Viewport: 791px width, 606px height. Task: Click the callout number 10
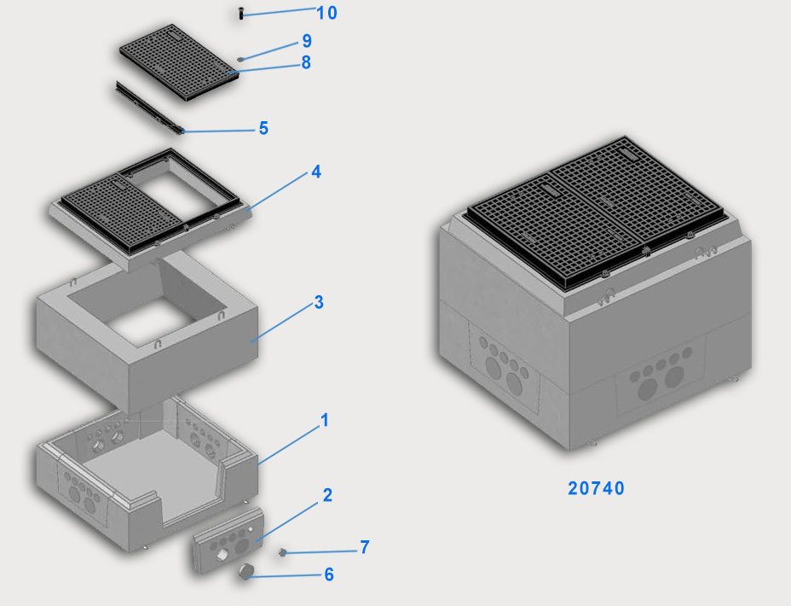tap(326, 13)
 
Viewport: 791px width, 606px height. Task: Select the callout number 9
tap(307, 41)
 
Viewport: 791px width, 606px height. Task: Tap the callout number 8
tap(306, 62)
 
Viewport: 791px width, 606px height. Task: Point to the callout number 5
tap(263, 128)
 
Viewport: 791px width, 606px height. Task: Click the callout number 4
tap(316, 172)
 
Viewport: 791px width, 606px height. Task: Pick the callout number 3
tap(319, 302)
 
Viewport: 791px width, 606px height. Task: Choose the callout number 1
tap(325, 420)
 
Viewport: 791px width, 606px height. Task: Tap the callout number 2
tap(327, 495)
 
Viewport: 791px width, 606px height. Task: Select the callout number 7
tap(365, 547)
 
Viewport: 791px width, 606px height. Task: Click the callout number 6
tap(329, 574)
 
